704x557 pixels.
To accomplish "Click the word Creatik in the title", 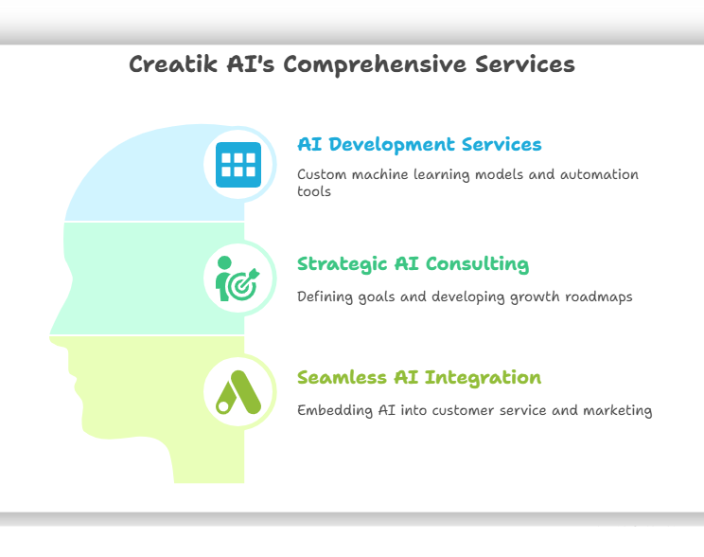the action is coord(173,63).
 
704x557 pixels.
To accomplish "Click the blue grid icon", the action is coord(238,165).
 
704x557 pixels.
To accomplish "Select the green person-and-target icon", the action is coord(238,278).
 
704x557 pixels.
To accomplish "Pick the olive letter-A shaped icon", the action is coord(238,392).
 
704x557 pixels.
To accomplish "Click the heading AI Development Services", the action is coord(419,144).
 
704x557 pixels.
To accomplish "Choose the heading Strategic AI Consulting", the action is coord(414,264).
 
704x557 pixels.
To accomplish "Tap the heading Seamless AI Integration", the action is coord(419,378).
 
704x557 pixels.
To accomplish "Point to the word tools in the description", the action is coord(314,191).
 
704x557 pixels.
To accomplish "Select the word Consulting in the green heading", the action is coord(477,264).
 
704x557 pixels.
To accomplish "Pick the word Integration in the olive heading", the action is coord(483,378).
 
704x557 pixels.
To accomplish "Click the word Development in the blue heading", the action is coord(392,145).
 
